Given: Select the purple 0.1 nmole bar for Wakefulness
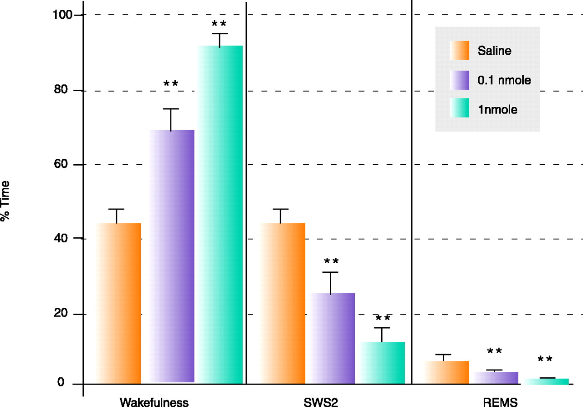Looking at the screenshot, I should click(172, 256).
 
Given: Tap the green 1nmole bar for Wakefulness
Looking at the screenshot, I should click(220, 214).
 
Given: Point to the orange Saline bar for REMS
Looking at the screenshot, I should click(446, 372).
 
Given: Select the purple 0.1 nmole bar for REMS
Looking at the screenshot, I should click(496, 378).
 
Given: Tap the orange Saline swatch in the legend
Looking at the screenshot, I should click(460, 51).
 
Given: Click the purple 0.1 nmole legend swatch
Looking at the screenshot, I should click(460, 80).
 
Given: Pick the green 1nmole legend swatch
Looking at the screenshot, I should click(460, 108).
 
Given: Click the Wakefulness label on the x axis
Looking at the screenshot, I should click(154, 402).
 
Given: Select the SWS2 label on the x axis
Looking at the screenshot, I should click(321, 402).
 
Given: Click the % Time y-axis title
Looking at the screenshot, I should click(5, 201).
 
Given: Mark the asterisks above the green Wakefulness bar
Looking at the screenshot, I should click(219, 23).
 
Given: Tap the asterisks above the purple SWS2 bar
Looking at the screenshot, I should click(331, 261).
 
